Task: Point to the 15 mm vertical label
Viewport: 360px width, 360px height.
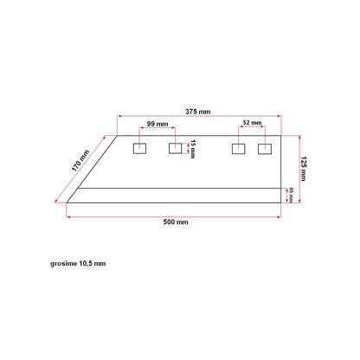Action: (193, 149)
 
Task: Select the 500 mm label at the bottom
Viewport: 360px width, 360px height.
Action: (176, 222)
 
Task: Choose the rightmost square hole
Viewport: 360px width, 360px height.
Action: (265, 149)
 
